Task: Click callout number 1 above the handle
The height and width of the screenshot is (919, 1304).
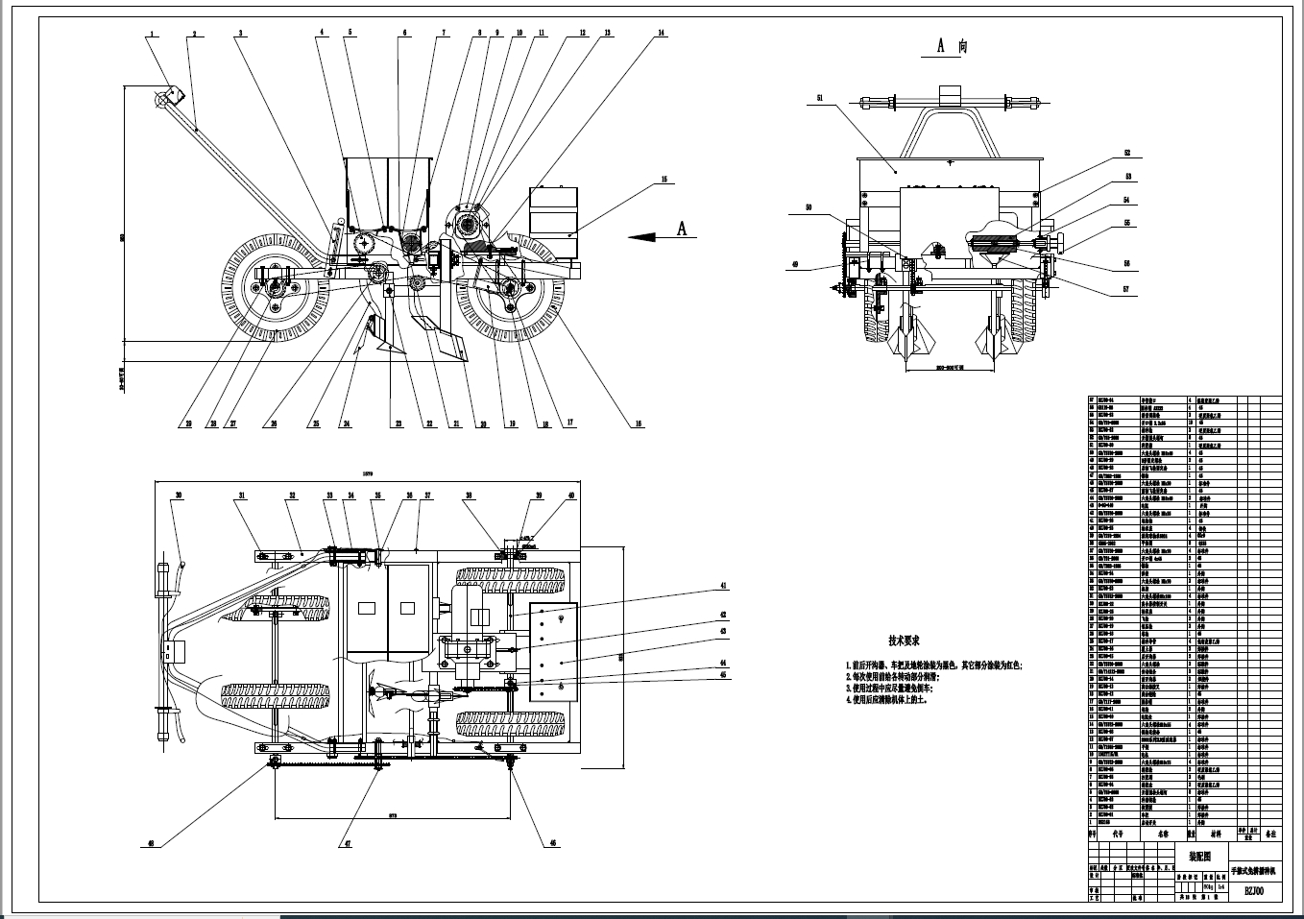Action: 151,34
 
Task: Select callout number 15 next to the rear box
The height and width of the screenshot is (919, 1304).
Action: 663,180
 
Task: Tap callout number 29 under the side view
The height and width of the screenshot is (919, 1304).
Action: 188,422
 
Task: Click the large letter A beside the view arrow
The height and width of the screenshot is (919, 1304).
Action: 683,228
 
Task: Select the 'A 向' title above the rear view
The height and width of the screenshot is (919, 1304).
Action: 951,45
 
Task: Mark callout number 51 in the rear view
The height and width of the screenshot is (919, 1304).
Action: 820,97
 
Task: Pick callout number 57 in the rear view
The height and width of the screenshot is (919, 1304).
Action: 1126,287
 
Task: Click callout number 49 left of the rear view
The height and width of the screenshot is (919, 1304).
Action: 794,264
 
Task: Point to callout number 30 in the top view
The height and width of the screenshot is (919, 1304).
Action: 178,496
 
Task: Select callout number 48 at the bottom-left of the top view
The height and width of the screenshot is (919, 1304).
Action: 150,844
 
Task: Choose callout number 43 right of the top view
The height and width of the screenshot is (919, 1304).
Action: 723,631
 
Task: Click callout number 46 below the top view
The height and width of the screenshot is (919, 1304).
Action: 552,843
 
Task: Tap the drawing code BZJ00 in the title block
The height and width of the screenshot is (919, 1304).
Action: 1254,891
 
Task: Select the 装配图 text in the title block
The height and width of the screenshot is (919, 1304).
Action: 1200,854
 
